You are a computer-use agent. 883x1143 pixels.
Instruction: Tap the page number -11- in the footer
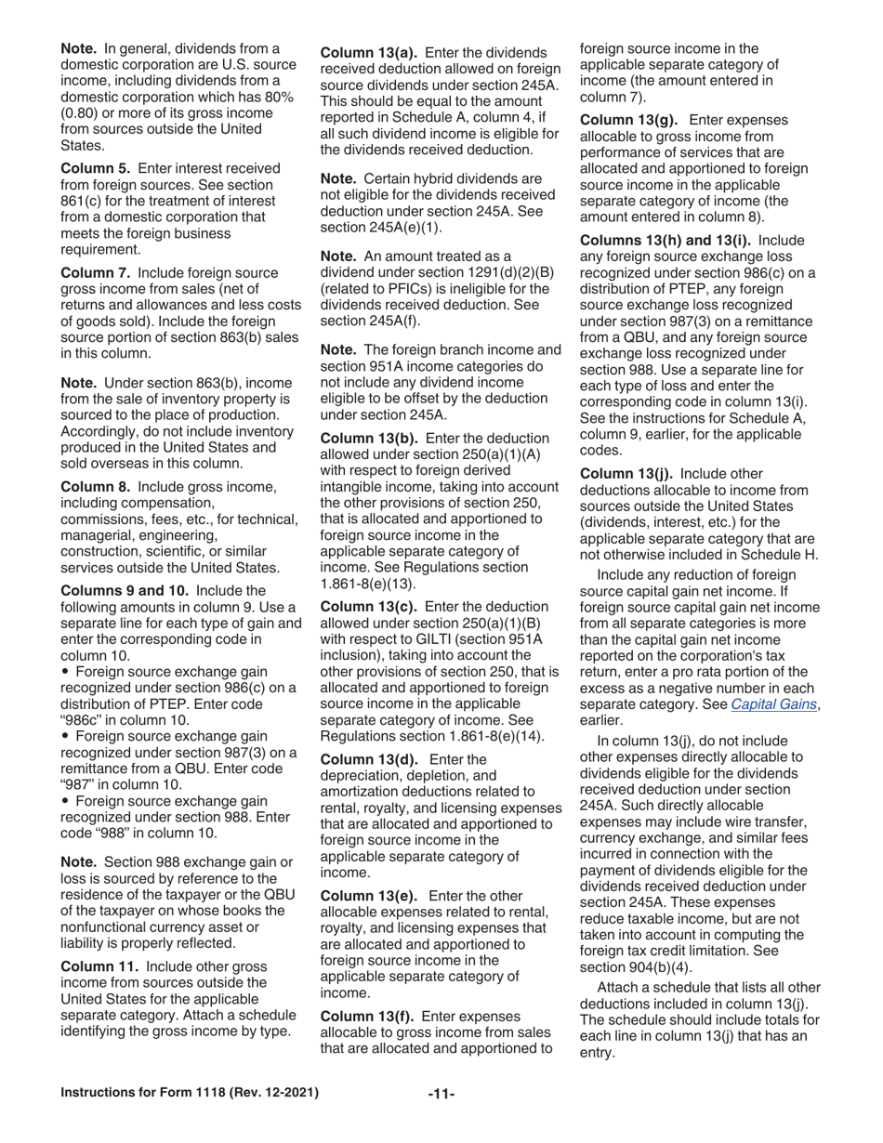tap(441, 1094)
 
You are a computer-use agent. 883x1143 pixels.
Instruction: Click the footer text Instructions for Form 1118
tap(190, 1093)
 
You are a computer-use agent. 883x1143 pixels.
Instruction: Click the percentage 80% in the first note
tap(277, 98)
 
